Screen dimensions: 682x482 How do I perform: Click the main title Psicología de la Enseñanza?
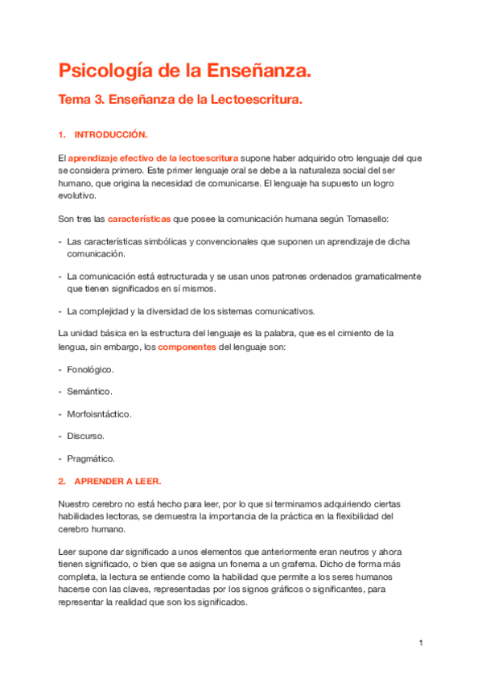183,72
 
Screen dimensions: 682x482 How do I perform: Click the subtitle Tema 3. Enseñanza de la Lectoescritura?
180,101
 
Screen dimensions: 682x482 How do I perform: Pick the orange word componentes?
187,347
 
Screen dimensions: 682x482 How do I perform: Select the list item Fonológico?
90,369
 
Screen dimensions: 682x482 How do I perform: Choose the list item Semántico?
89,392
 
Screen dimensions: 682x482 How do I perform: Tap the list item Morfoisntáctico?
99,414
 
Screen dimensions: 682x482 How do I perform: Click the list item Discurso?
85,437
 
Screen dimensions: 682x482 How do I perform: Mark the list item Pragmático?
91,459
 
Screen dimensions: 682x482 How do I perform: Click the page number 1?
420,643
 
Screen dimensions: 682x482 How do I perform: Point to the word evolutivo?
76,195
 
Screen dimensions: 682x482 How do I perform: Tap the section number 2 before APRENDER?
61,481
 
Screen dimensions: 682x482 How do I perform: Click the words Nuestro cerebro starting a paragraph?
86,503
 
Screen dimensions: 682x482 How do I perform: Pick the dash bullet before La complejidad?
60,311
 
